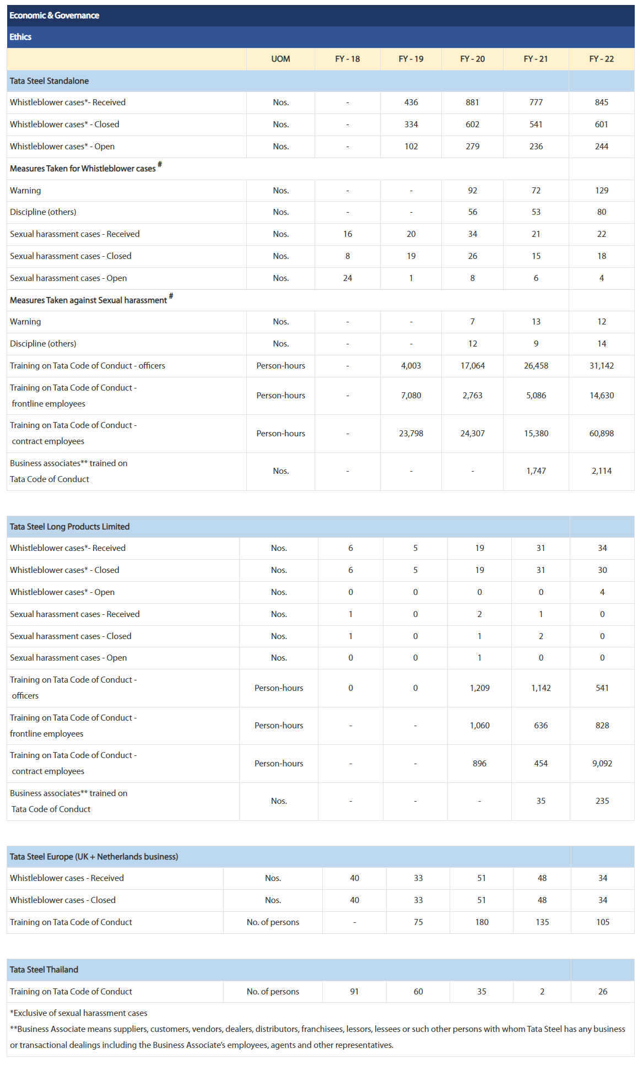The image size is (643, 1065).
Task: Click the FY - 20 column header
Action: point(472,59)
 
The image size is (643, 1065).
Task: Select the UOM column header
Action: point(280,59)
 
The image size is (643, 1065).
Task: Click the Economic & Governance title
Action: point(54,15)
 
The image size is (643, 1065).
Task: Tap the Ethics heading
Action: point(20,37)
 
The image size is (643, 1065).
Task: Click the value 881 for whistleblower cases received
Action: point(472,102)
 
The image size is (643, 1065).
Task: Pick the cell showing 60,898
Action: point(601,434)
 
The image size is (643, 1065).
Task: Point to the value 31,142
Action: point(601,366)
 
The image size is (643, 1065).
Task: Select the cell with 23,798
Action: point(411,434)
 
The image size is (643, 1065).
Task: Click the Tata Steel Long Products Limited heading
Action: point(69,527)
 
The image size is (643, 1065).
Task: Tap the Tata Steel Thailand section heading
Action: point(44,970)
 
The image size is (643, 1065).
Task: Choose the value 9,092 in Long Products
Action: point(602,764)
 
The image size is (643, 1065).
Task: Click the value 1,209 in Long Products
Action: point(479,688)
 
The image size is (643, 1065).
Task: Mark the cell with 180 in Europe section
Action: point(482,922)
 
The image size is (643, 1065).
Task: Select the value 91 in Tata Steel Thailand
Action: point(354,992)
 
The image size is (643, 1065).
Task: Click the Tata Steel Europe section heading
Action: point(94,857)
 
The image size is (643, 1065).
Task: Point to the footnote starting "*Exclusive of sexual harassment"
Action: point(79,1013)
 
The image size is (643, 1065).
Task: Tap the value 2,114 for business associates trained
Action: point(601,471)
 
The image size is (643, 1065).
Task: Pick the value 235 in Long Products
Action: point(602,801)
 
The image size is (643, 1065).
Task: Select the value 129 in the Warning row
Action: point(601,191)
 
